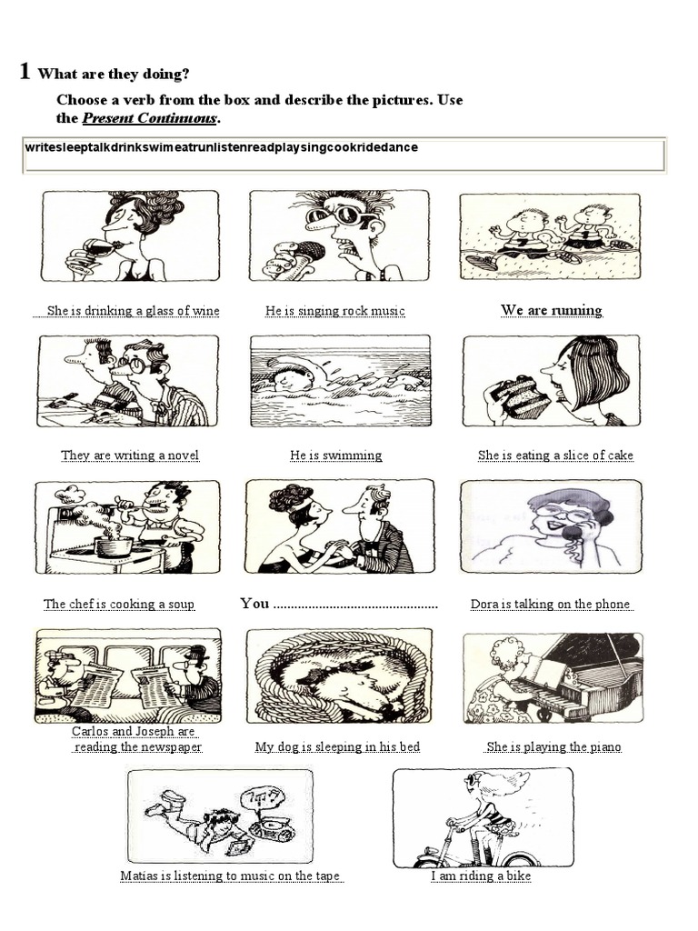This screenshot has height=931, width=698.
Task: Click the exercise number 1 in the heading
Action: [x=25, y=71]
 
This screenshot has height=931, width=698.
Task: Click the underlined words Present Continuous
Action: [x=149, y=117]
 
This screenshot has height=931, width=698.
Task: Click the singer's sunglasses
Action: [x=338, y=215]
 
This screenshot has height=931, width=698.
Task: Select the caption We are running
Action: [x=552, y=310]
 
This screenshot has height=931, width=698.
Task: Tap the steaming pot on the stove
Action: [x=113, y=546]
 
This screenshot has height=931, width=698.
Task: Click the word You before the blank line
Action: [x=254, y=604]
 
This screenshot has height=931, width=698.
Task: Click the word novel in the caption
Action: [x=184, y=455]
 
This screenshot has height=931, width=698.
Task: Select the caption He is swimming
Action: [x=336, y=455]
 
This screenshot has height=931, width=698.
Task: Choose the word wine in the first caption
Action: [x=206, y=311]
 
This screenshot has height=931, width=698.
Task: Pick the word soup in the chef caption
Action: [x=181, y=605]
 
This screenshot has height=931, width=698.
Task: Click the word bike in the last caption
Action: [x=519, y=876]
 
